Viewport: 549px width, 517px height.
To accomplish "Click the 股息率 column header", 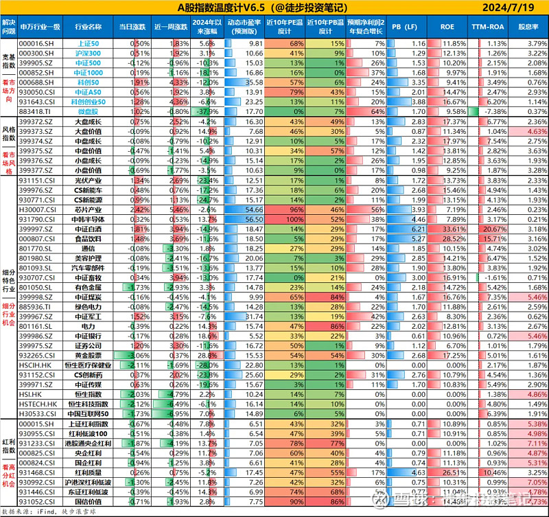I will click(528, 26).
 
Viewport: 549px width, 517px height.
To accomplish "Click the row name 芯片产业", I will click(86, 209).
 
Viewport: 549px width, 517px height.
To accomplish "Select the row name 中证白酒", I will click(86, 229).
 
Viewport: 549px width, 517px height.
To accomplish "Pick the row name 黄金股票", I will click(86, 356).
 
